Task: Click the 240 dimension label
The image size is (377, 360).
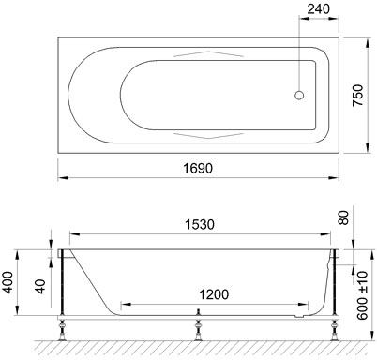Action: click(318, 9)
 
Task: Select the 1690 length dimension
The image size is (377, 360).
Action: click(198, 169)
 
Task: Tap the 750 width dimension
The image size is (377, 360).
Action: click(358, 96)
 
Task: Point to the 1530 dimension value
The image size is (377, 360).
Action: click(200, 224)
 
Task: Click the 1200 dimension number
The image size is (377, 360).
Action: click(214, 294)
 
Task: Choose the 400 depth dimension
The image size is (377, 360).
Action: click(8, 282)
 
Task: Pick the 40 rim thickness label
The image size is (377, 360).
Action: click(40, 287)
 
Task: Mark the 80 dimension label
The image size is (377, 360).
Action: click(343, 217)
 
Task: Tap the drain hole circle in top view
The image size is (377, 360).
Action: click(299, 95)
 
